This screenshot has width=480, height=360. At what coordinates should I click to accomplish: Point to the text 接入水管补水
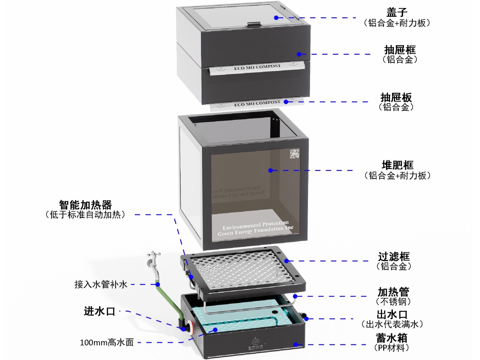(x=100, y=285)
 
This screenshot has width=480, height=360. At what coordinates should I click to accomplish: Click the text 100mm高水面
(x=106, y=342)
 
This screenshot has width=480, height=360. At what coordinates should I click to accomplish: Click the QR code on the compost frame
(x=294, y=154)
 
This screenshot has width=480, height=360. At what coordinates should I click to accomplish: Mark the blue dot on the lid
(x=276, y=17)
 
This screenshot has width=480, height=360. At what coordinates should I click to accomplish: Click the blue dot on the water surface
(x=215, y=330)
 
